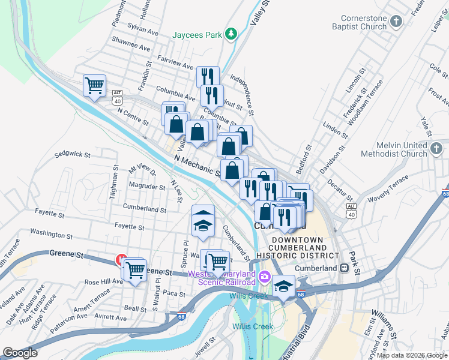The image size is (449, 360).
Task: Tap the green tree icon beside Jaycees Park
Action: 229,34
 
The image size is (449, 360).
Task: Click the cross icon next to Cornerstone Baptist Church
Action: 396,22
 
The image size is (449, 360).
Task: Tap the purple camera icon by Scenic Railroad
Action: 264,278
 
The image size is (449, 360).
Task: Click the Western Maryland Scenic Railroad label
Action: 221,278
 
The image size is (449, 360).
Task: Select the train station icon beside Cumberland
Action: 345,268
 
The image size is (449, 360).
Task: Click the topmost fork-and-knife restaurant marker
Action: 208,76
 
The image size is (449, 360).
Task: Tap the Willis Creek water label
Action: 253,326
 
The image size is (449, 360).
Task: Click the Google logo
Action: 20,353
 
